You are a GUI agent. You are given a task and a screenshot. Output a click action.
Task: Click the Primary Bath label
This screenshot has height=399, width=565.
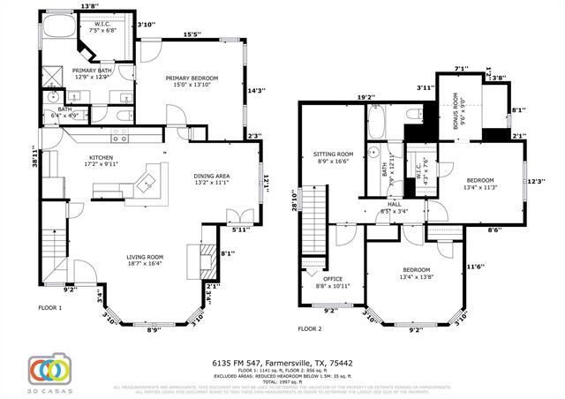click(92, 73)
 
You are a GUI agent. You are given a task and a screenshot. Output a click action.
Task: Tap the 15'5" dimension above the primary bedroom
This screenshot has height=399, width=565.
click(192, 34)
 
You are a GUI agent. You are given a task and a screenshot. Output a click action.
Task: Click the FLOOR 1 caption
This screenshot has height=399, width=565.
click(49, 308)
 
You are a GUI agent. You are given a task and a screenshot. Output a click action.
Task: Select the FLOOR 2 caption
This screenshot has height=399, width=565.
click(310, 327)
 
